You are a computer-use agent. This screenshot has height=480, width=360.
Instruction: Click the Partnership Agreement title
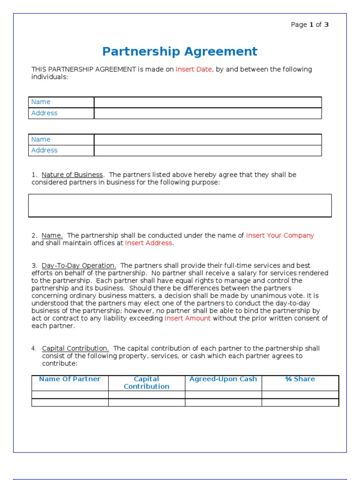tap(180, 52)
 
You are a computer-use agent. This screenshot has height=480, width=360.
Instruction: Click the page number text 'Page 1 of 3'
tap(310, 25)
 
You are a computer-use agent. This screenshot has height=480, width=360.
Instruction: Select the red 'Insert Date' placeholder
tap(194, 69)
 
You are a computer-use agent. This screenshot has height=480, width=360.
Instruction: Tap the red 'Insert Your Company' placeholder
tap(280, 236)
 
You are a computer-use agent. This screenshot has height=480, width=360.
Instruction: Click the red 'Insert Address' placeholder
tap(149, 243)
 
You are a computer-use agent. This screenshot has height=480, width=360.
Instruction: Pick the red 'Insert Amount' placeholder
tap(187, 318)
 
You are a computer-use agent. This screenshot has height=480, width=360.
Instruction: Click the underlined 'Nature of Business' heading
tap(72, 175)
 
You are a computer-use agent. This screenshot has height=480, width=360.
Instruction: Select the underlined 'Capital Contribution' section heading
tap(75, 348)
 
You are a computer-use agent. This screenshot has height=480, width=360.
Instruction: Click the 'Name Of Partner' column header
tap(70, 379)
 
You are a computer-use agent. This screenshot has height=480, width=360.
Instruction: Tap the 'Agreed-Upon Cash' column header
tap(223, 379)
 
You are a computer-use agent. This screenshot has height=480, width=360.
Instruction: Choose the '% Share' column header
tap(300, 379)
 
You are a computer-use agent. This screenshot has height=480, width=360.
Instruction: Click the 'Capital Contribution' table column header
tap(147, 382)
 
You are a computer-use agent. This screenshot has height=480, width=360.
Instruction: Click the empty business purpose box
tap(180, 206)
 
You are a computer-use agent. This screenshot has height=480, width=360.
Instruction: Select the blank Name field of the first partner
tap(208, 102)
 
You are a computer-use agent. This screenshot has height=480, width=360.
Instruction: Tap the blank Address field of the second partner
tap(208, 150)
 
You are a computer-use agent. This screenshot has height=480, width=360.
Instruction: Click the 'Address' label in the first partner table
tap(45, 113)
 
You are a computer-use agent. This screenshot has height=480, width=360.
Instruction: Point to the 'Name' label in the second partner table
tap(41, 139)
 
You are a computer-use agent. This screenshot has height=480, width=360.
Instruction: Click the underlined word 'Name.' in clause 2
tap(52, 236)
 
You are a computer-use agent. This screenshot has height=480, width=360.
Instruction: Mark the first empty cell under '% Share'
tap(300, 395)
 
